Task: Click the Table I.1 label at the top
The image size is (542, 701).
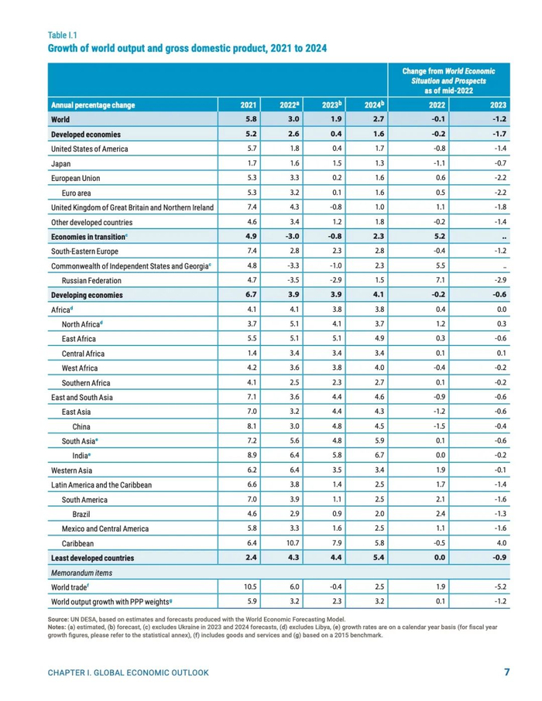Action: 63,35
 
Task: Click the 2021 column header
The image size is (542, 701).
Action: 249,105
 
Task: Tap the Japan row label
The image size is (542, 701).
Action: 62,163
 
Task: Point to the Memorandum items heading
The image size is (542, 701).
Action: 81,573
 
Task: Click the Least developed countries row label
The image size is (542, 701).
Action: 92,558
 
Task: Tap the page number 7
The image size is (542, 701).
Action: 506,672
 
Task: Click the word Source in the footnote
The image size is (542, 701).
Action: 58,620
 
